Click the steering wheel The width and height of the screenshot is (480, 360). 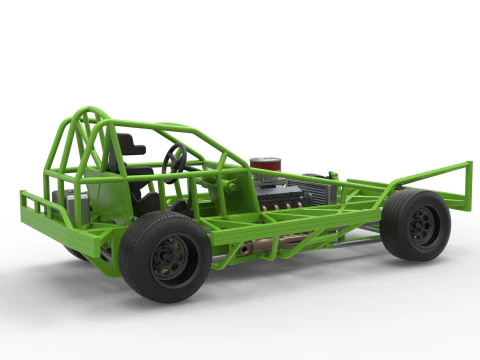[x=176, y=157]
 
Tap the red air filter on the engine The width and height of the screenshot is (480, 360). [x=266, y=165]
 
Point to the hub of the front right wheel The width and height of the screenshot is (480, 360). [x=422, y=225]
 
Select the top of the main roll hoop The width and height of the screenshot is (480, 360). [x=90, y=111]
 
